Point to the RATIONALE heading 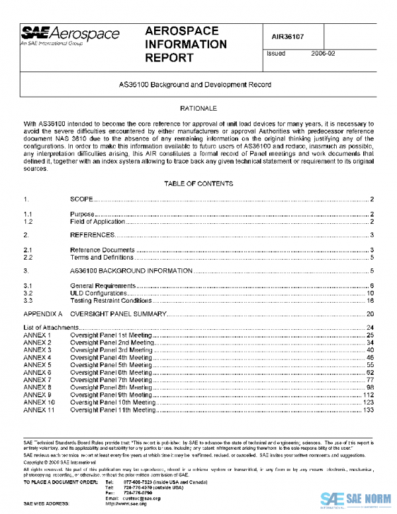point(198,107)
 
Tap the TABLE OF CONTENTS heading point(198,183)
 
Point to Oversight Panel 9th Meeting point(112,395)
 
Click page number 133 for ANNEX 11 point(369,410)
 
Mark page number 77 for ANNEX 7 point(371,380)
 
